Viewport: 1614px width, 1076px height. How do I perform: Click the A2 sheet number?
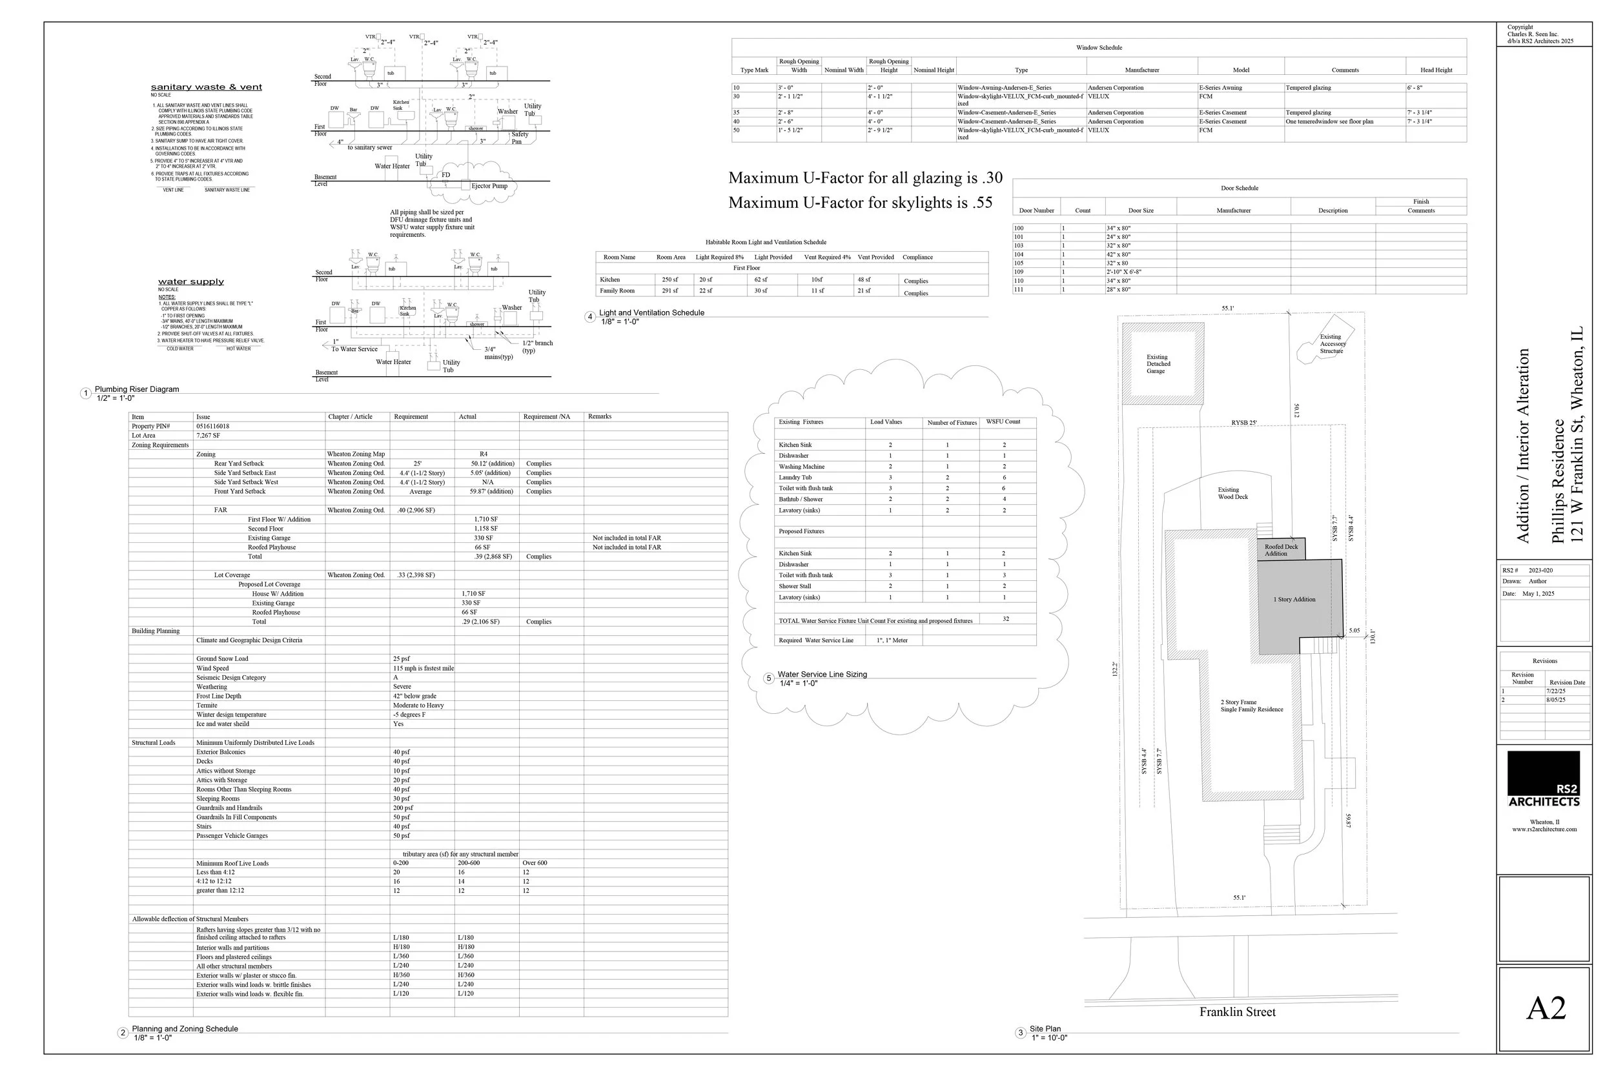(1546, 1008)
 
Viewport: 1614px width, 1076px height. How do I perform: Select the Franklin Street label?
(1236, 1011)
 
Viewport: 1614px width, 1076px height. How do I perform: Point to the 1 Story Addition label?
(1294, 599)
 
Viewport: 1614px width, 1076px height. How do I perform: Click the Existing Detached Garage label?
(1158, 363)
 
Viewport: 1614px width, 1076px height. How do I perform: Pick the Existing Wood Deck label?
(1232, 493)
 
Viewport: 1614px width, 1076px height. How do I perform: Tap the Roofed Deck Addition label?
(1280, 550)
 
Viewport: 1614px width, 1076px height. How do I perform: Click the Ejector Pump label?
(489, 186)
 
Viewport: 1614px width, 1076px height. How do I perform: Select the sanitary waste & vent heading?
(206, 87)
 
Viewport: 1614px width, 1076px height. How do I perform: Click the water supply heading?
(190, 281)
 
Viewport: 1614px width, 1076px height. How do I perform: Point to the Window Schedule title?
(1099, 47)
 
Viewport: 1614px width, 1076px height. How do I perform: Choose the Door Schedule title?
(1240, 188)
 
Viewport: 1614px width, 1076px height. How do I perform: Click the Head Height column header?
(1436, 70)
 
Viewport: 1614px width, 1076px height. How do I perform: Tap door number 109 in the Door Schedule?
(1018, 272)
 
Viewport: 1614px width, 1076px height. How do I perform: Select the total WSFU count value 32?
(1005, 619)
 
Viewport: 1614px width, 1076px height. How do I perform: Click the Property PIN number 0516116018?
(213, 426)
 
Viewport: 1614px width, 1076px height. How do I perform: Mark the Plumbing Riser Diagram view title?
(137, 389)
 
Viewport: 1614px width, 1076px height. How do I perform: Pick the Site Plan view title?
(1045, 1029)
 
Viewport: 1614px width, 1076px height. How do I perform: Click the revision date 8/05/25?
(1556, 700)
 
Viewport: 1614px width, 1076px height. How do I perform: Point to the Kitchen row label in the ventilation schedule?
(609, 279)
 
